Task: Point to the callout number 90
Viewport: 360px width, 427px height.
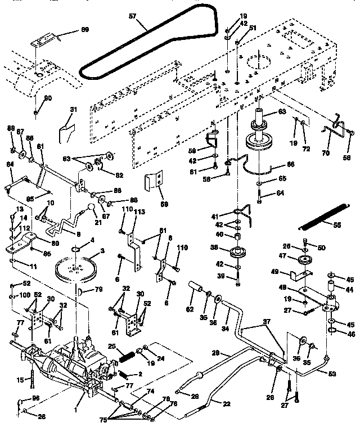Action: coord(48,98)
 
